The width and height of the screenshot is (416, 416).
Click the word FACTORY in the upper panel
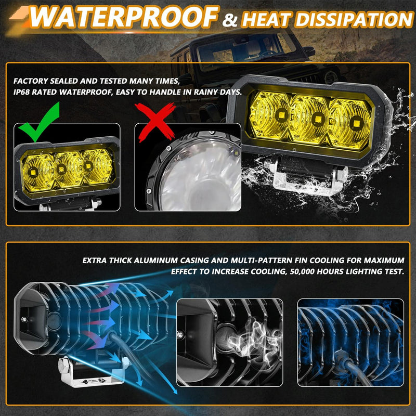[31, 82]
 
